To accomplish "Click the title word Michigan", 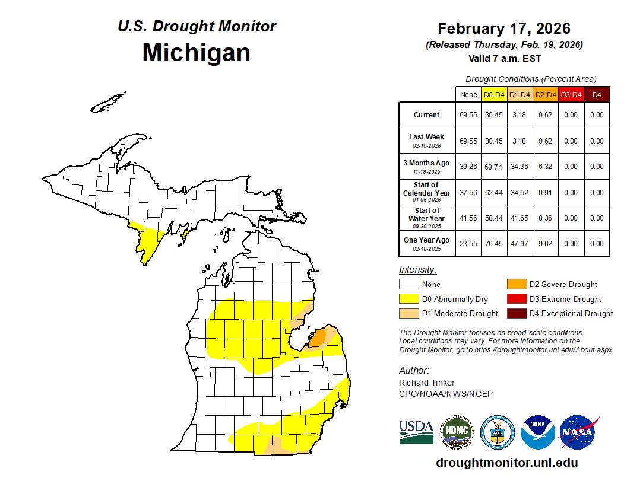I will pos(196,52).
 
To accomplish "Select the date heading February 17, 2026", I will pos(504,28).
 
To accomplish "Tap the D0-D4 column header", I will pos(494,95).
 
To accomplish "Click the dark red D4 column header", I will pos(597,95).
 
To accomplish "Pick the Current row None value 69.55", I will pos(468,115).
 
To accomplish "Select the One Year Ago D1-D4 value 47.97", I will pos(520,243).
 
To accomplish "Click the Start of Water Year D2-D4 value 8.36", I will pos(545,218).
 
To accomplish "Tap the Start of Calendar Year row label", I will pos(426,192).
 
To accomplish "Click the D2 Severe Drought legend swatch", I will pos(516,284).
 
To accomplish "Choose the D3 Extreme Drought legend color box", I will pos(516,299).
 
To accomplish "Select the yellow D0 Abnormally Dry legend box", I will pos(408,299).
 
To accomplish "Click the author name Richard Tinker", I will pos(427,383).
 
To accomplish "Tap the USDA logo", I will pos(416,431).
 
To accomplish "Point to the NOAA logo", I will pos(538,432).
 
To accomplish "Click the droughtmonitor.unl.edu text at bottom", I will pos(506,463).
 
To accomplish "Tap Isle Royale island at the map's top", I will pos(109,103).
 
